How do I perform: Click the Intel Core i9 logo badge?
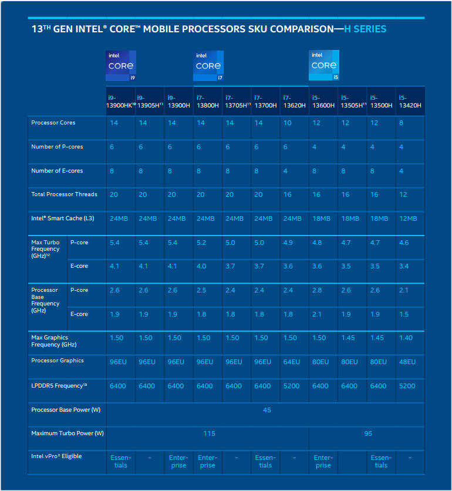pos(121,66)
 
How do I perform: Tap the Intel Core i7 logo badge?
pos(208,66)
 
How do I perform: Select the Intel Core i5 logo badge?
pos(324,65)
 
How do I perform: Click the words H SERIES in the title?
pos(365,29)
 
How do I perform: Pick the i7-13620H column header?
pos(294,102)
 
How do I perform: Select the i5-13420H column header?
pos(410,102)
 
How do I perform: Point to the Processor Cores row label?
pos(53,123)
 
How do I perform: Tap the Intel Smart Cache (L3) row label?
pos(63,218)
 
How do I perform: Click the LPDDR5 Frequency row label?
pos(59,385)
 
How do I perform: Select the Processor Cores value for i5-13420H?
pos(401,123)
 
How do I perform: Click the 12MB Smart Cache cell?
pos(408,218)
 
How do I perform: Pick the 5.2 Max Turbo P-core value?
pos(201,243)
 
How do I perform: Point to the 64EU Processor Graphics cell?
pos(291,362)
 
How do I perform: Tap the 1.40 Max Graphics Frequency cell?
pos(406,338)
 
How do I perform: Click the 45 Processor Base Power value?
pos(267,410)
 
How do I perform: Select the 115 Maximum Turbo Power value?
pos(209,433)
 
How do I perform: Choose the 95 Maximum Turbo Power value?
pos(368,433)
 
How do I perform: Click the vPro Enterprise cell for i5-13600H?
pos(323,462)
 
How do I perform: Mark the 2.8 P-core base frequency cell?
pos(317,290)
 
